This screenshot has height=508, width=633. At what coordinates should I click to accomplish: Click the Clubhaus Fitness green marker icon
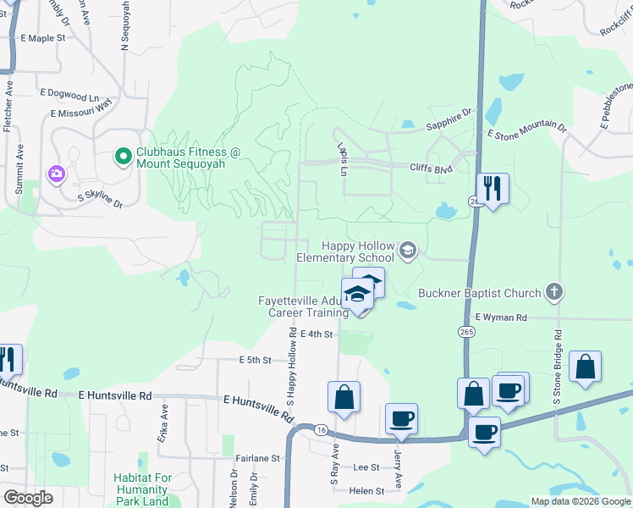[123, 155]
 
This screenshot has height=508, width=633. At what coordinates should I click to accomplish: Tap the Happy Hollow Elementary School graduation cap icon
[408, 249]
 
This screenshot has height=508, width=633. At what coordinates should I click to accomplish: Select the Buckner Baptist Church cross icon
[553, 293]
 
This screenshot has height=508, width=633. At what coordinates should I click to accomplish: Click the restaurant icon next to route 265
[491, 186]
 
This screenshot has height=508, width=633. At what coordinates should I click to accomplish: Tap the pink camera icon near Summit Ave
[57, 174]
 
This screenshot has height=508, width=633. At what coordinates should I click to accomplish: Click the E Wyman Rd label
[501, 317]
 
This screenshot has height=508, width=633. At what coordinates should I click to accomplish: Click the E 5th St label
[255, 360]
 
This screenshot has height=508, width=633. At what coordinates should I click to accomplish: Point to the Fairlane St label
[258, 458]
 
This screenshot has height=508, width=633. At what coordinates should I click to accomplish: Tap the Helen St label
[366, 490]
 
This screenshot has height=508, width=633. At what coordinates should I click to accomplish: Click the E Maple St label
[43, 38]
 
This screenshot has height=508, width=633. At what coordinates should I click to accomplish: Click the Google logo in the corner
[27, 498]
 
